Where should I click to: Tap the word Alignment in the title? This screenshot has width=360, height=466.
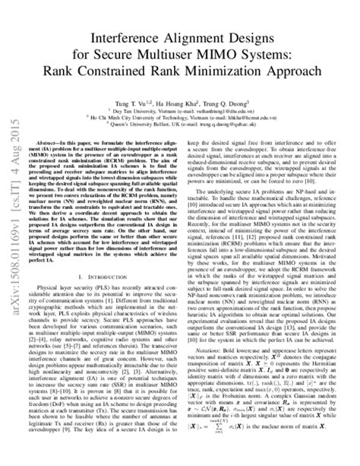point(200,36)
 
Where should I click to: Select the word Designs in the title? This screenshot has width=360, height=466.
point(262,36)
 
